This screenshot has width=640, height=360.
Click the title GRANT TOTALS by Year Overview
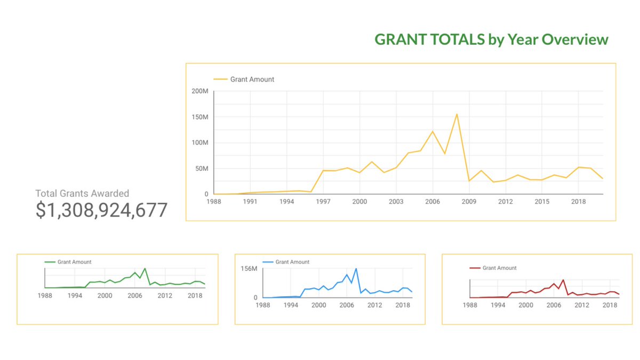[491, 39]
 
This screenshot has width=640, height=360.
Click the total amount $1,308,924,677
[101, 210]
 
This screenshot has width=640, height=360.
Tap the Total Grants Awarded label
[82, 194]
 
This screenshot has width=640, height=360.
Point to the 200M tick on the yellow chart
[200, 91]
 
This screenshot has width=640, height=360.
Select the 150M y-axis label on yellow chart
[200, 117]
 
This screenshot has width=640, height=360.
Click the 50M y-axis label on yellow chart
[202, 169]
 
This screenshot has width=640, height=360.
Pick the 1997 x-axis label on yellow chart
[323, 202]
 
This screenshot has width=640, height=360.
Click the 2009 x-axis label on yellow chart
[469, 202]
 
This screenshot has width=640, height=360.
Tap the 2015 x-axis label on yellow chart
[542, 202]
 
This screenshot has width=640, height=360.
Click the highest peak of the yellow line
[457, 114]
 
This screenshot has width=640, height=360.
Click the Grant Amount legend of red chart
[499, 268]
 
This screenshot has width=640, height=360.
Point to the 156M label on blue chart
[249, 268]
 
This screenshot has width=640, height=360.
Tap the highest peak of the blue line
[356, 268]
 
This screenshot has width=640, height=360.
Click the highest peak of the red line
[563, 279]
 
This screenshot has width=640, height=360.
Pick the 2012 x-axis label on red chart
[582, 306]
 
